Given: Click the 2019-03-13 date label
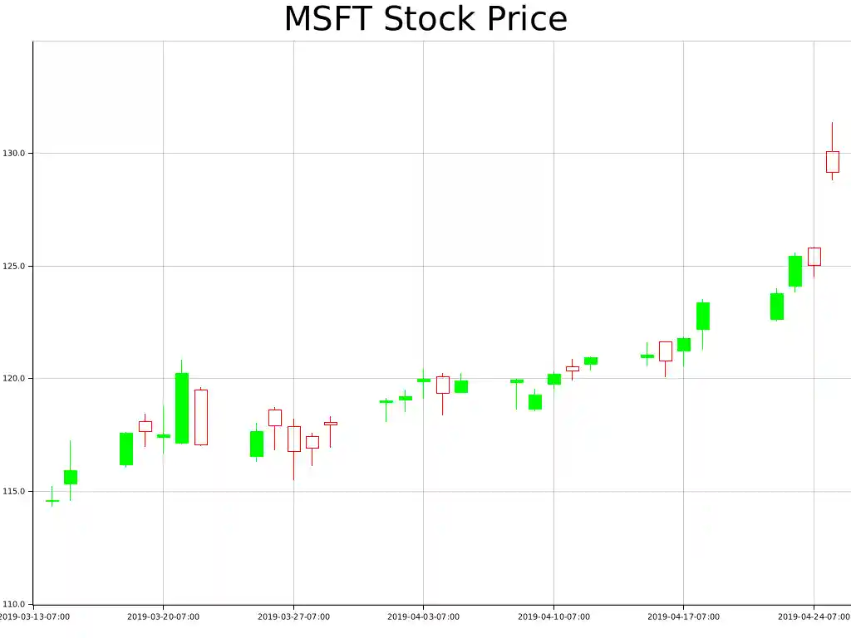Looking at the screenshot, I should click(33, 617).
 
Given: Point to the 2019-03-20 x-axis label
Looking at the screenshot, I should click(163, 617).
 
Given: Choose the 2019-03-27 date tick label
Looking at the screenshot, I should click(293, 617).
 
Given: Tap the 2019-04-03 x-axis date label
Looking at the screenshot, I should click(423, 617).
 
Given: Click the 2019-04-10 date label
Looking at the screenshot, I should click(553, 617).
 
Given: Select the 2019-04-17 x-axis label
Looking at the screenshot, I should click(683, 617).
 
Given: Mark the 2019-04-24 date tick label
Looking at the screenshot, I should click(814, 617).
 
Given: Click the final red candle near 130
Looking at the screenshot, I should click(832, 161).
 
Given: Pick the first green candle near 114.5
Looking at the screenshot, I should click(52, 501).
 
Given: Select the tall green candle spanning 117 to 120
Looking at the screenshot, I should click(181, 408).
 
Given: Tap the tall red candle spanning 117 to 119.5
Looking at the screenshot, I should click(200, 417).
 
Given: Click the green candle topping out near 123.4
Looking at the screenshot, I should click(702, 316).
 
